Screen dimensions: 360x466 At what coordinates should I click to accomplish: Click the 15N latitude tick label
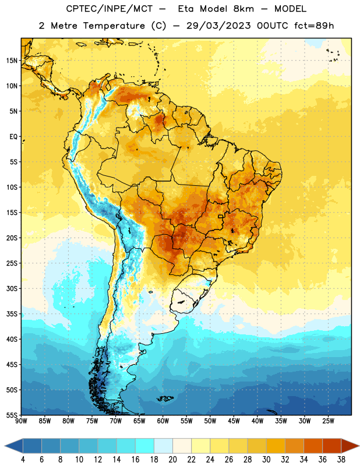click(x=12, y=61)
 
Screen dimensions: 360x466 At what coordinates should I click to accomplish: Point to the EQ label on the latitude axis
click(x=13, y=137)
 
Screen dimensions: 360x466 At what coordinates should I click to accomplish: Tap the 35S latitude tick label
click(x=12, y=314)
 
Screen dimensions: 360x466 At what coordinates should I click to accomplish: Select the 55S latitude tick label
click(x=12, y=415)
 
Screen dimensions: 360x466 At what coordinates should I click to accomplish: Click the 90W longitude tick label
click(x=21, y=421)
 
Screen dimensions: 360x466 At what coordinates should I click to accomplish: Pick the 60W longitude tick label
click(x=163, y=421)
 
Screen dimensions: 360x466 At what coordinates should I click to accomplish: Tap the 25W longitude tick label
click(x=328, y=421)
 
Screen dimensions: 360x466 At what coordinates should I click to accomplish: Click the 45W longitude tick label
click(x=234, y=421)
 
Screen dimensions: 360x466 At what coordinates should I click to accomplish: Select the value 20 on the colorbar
click(x=172, y=460)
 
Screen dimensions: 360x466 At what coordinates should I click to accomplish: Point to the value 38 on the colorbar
click(x=341, y=460)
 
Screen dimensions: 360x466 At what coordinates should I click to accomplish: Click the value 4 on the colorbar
click(x=23, y=460)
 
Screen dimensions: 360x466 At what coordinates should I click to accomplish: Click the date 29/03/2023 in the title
click(x=218, y=26)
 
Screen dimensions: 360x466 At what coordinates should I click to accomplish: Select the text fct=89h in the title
click(x=314, y=26)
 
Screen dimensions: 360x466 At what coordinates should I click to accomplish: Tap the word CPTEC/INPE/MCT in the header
click(x=109, y=9)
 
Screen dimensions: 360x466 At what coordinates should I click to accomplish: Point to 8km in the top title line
click(x=243, y=9)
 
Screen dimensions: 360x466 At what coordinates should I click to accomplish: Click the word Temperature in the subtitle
click(x=114, y=26)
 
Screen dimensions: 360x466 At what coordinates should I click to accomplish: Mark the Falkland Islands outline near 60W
click(x=165, y=398)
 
